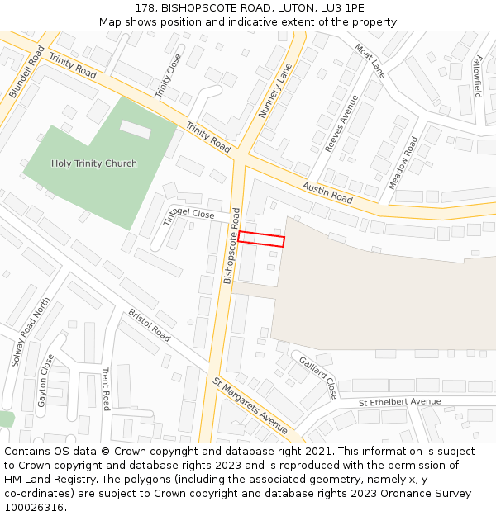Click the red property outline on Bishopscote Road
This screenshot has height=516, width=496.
(x=261, y=239)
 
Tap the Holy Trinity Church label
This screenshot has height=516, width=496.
(x=94, y=163)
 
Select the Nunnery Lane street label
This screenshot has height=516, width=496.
(x=276, y=90)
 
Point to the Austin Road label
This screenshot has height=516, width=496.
(x=327, y=194)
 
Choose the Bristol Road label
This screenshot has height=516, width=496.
(x=150, y=325)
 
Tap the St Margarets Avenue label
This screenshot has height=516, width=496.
(x=250, y=406)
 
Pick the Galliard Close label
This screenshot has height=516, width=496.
(x=317, y=378)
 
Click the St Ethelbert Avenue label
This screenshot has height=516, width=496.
(x=400, y=402)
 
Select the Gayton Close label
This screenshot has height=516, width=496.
(x=46, y=381)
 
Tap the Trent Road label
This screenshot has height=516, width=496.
(x=106, y=389)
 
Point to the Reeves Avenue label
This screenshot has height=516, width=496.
(x=341, y=123)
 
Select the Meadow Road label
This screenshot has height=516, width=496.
(x=404, y=163)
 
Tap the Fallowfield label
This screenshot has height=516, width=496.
(x=477, y=77)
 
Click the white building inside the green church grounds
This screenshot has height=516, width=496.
(x=136, y=129)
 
